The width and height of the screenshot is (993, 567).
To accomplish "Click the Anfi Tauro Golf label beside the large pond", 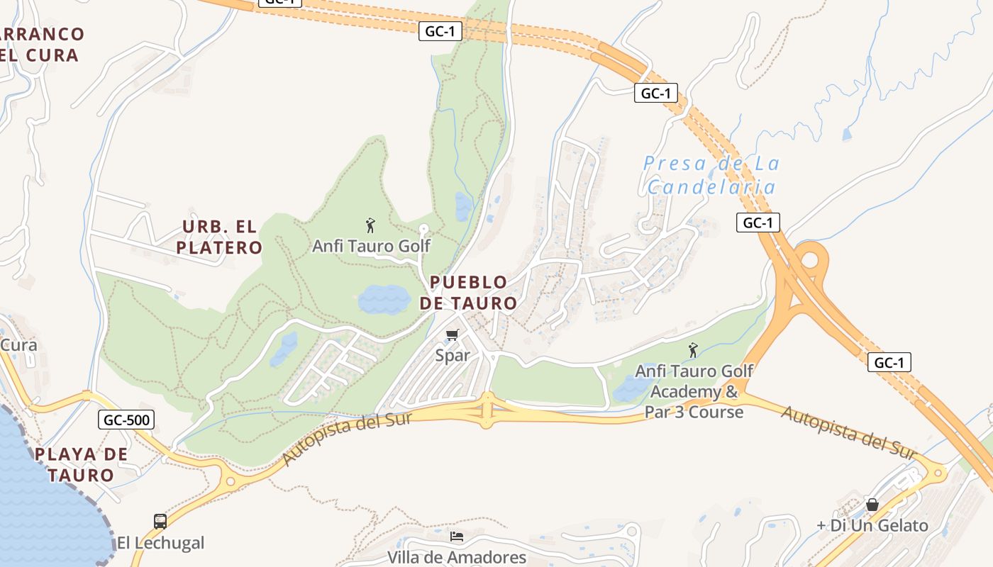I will pyautogui.click(x=371, y=246).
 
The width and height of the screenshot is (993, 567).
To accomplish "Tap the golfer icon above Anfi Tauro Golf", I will pyautogui.click(x=370, y=226).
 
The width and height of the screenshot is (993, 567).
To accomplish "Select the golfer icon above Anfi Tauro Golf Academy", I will pyautogui.click(x=693, y=350).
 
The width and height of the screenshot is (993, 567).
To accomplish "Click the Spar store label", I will pyautogui.click(x=453, y=355).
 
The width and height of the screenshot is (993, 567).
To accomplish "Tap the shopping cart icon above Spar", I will pyautogui.click(x=452, y=335).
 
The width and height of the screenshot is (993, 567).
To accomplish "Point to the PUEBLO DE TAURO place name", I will pyautogui.click(x=468, y=293).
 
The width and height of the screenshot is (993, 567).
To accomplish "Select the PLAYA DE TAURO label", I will pyautogui.click(x=82, y=464).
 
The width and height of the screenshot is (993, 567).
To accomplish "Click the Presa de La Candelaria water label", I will pyautogui.click(x=711, y=175).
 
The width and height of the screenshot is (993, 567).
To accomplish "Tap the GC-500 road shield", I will pyautogui.click(x=126, y=420).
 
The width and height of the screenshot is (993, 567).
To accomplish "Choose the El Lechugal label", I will pyautogui.click(x=160, y=543).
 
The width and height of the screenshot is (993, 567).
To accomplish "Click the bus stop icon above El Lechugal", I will pyautogui.click(x=160, y=522).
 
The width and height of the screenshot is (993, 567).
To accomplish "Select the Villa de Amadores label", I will pyautogui.click(x=457, y=557).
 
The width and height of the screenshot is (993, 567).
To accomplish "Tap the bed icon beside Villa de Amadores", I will pyautogui.click(x=457, y=537).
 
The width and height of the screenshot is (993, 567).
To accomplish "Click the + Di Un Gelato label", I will pyautogui.click(x=872, y=525).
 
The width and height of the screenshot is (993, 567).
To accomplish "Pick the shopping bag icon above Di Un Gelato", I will pyautogui.click(x=872, y=505).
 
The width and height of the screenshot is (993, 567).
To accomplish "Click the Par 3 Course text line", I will pyautogui.click(x=694, y=412).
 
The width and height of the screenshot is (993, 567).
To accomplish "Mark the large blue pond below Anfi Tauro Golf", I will pyautogui.click(x=384, y=299).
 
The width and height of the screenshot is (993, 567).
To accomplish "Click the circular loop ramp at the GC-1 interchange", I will pyautogui.click(x=809, y=258).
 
